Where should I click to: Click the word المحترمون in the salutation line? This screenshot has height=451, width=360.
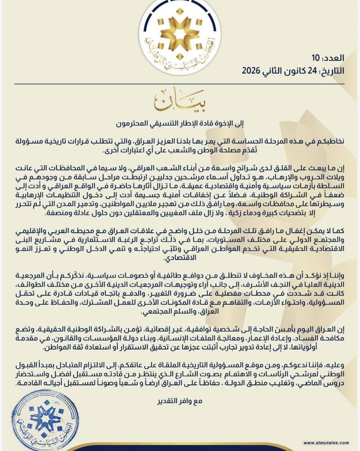pos(133,124)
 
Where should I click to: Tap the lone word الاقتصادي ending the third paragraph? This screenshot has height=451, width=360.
pos(180,259)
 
